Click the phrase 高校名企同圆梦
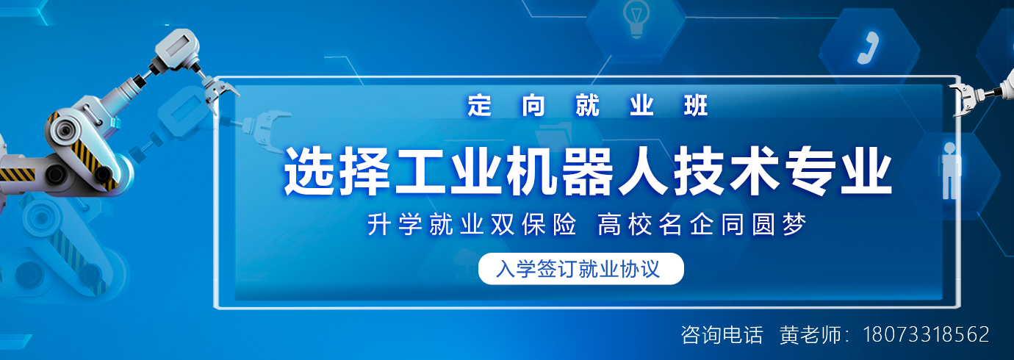pyautogui.click(x=702, y=225)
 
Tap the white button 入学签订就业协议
pyautogui.click(x=580, y=269)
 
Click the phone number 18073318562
pyautogui.click(x=926, y=335)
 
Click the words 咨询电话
pyautogui.click(x=722, y=335)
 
